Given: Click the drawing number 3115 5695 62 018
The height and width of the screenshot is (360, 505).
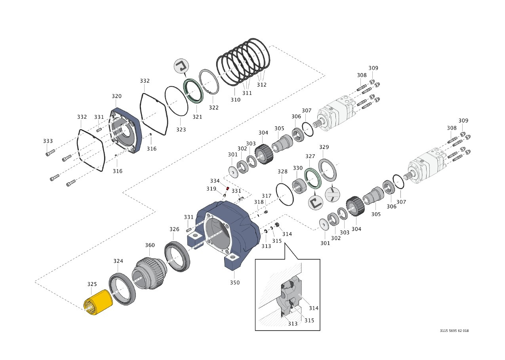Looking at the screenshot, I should pos(454,331).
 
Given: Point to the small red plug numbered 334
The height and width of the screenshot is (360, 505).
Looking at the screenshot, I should pos(228,188).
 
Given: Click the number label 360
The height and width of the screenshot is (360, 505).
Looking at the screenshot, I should pos(150,246).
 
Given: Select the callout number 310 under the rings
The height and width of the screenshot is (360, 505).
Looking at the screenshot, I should pos(235,100).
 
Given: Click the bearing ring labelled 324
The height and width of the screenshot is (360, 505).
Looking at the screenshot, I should pos(122,289).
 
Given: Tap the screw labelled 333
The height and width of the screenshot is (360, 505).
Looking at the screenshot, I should pos(49,153).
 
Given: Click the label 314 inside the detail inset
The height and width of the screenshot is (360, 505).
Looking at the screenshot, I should pos(313,308).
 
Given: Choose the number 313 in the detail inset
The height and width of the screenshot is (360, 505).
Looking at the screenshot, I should pos(293,324).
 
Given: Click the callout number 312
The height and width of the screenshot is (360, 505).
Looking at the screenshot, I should pos(261,84).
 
